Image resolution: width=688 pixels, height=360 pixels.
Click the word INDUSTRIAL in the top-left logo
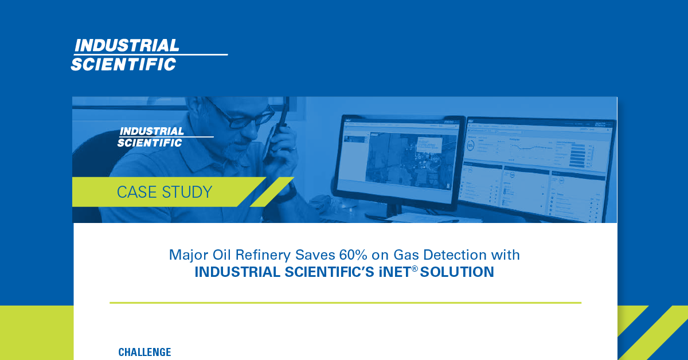[127, 45]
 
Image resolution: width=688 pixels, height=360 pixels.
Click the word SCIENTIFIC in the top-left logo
[123, 64]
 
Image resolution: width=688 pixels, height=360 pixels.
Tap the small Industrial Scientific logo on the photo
[151, 136]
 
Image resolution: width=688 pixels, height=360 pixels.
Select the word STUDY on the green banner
[187, 192]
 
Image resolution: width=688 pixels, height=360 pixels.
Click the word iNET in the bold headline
[390, 272]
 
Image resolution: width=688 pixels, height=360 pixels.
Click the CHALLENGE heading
[144, 352]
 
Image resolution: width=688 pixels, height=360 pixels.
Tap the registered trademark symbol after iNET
[415, 268]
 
